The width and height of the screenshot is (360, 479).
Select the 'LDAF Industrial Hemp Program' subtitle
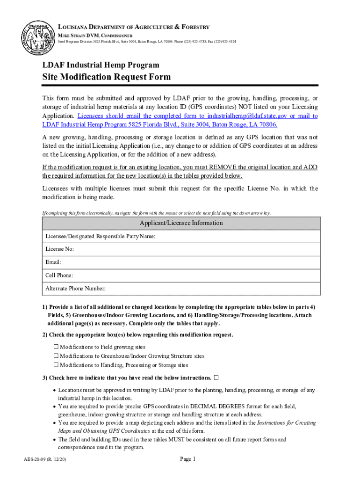click(x=101, y=65)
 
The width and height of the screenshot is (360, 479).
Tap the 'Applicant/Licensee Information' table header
click(x=181, y=223)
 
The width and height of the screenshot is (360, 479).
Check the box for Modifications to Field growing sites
click(x=56, y=347)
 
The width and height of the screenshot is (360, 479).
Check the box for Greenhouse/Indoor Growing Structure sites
click(x=56, y=356)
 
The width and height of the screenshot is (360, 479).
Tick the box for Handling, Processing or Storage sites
click(x=56, y=365)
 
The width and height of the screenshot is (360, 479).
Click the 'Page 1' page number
click(x=187, y=459)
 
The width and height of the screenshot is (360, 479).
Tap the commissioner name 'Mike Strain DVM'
click(x=79, y=36)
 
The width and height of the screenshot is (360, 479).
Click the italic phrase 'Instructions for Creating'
click(x=287, y=422)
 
